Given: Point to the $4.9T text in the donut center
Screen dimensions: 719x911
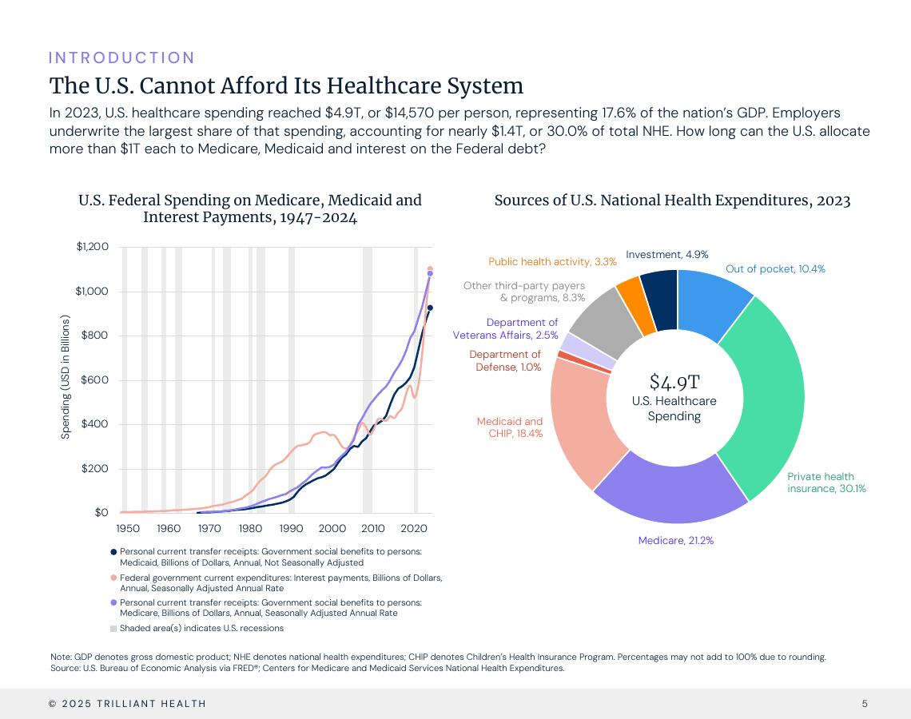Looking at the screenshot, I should pyautogui.click(x=674, y=382).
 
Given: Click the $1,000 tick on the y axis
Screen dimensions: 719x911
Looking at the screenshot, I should pyautogui.click(x=92, y=291).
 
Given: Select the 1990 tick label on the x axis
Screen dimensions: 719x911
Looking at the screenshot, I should pyautogui.click(x=292, y=528).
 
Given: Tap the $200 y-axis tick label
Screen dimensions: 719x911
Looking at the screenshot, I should pyautogui.click(x=95, y=468).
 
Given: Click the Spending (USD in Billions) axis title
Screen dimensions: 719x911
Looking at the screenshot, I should pyautogui.click(x=66, y=376).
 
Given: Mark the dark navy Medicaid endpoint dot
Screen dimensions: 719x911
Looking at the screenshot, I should pyautogui.click(x=430, y=308).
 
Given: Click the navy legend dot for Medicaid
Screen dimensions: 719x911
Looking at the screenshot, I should pyautogui.click(x=113, y=551).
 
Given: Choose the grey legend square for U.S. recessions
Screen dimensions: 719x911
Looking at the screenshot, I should pyautogui.click(x=113, y=628).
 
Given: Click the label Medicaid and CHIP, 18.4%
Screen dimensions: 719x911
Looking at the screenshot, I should pyautogui.click(x=510, y=427).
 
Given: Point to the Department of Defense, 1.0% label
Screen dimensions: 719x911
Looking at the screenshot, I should pyautogui.click(x=505, y=360).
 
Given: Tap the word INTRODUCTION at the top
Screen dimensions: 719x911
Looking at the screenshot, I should pyautogui.click(x=121, y=58).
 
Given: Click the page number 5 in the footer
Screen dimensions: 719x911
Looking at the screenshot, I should pyautogui.click(x=865, y=704).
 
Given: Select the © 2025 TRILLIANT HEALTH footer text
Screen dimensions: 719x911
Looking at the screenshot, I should pyautogui.click(x=127, y=704).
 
